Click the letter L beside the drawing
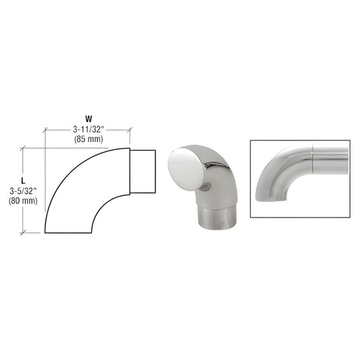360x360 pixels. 23,181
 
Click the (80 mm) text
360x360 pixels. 23,201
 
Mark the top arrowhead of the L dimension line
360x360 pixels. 24,149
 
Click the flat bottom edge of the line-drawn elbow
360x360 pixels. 70,232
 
